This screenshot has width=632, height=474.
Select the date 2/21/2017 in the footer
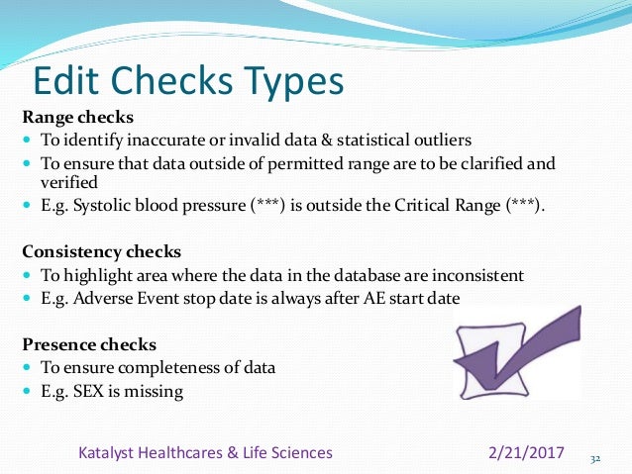coord(527,453)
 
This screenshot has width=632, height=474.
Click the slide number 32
coord(595,458)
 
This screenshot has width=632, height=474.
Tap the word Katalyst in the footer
coord(111,453)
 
